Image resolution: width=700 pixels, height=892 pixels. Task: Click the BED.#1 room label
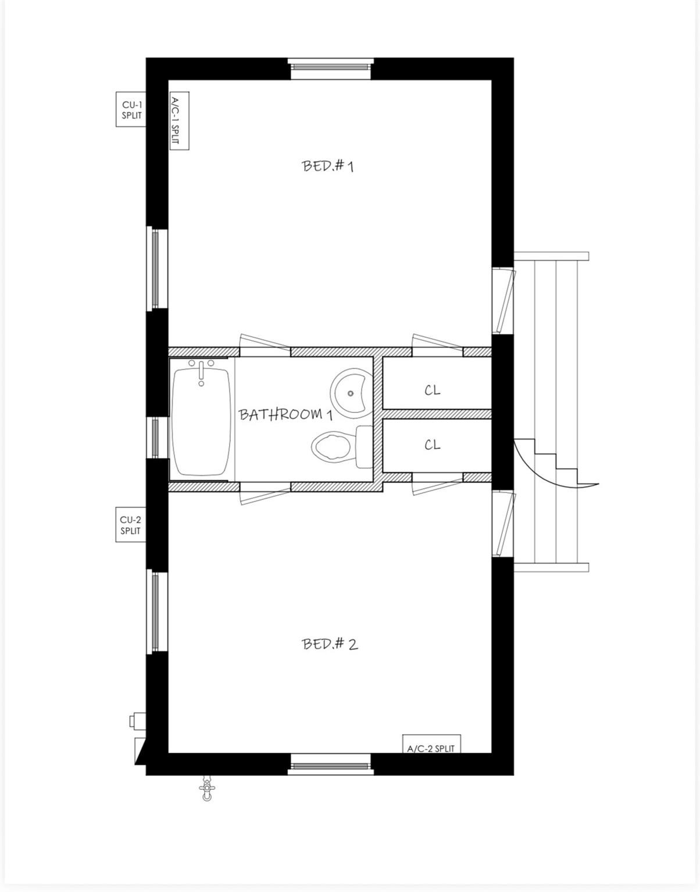(328, 166)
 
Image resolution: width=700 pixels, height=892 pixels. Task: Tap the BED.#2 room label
(330, 643)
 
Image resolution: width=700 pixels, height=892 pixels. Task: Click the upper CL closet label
(432, 390)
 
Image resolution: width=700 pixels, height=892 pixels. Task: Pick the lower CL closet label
(432, 445)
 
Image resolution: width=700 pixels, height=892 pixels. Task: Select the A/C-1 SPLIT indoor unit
(179, 122)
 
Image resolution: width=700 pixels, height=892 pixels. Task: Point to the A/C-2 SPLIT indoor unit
(431, 744)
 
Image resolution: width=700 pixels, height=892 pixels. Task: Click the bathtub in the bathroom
(201, 424)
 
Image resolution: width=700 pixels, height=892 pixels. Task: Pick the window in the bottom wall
(330, 764)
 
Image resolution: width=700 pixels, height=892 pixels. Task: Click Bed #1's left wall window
(156, 268)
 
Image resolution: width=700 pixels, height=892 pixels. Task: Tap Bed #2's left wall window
(156, 610)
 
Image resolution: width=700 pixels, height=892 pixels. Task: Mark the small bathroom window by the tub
(156, 438)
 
